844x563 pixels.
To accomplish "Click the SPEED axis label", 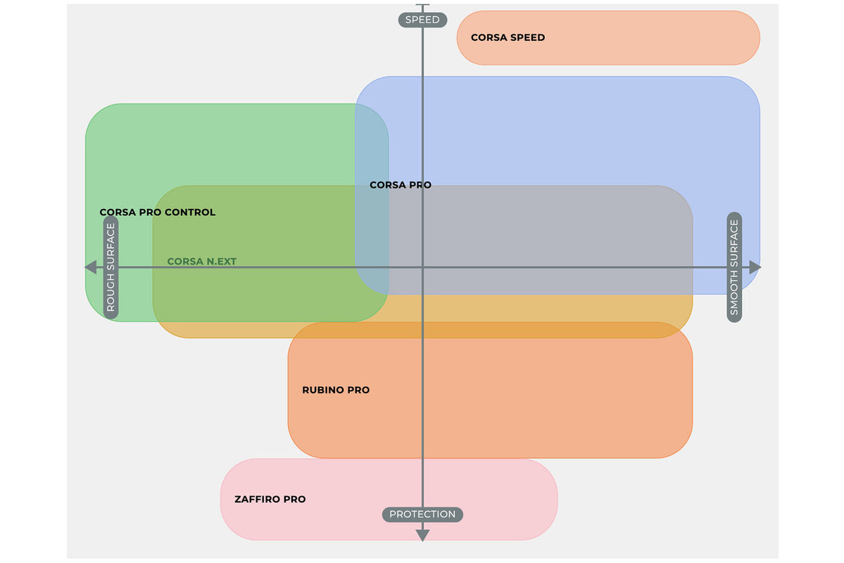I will (x=422, y=20).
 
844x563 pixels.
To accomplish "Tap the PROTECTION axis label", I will (x=422, y=514).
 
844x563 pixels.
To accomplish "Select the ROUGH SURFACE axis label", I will (x=111, y=267).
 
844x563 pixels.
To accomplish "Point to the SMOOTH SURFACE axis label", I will (x=734, y=267).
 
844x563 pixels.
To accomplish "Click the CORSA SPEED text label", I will (x=508, y=38).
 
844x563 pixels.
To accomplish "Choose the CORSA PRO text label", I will (x=401, y=185).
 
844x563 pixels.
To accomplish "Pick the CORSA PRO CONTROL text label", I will (x=157, y=213).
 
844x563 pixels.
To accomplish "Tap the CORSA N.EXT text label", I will (x=201, y=262).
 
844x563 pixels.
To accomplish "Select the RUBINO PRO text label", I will (x=336, y=390).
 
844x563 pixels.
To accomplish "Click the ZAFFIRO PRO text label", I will (x=270, y=500).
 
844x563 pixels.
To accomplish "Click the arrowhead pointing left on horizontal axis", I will (x=90, y=267).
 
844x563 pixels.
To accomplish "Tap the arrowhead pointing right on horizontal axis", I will (x=755, y=267).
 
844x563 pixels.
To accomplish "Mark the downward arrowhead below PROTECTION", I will (x=422, y=536).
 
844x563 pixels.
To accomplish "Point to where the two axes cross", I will (x=422, y=267).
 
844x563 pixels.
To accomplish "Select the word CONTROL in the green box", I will (x=190, y=213).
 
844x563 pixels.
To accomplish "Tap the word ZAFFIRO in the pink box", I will (x=256, y=500).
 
